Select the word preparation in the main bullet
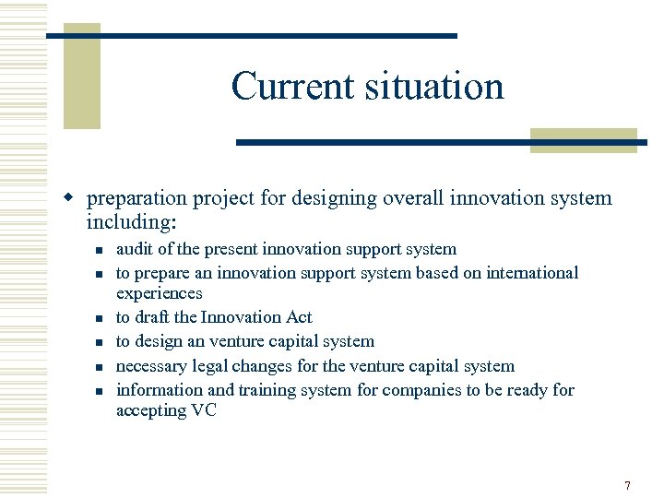click(136, 198)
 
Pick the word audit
click(135, 249)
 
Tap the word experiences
click(159, 293)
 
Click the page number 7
click(627, 485)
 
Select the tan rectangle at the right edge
click(583, 140)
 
